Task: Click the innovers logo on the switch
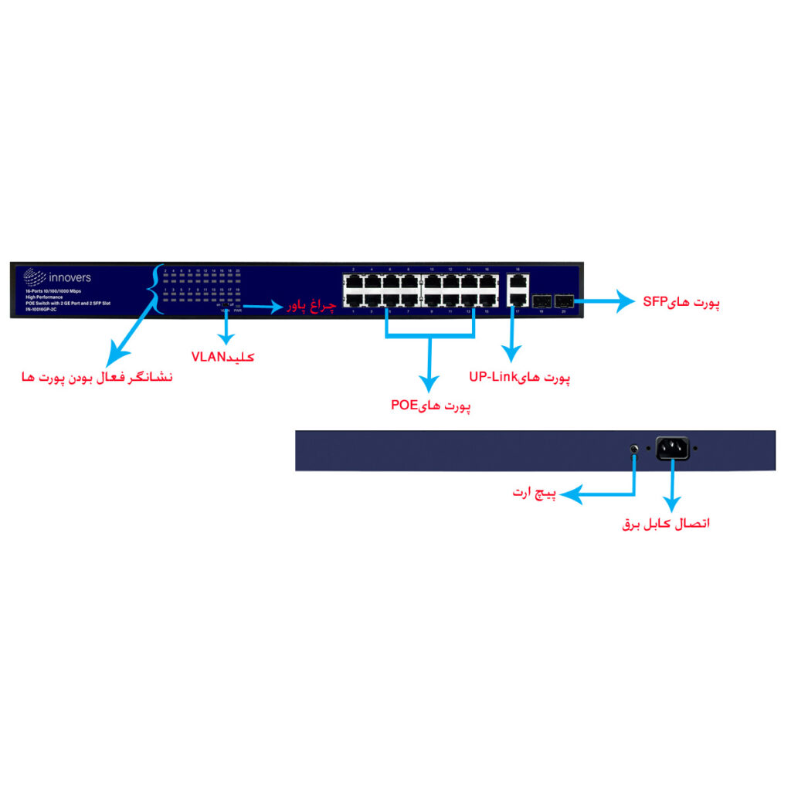[58, 277]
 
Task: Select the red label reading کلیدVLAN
[222, 356]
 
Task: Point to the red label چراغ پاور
[312, 307]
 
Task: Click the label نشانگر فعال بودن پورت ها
[97, 378]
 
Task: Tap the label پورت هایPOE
[430, 405]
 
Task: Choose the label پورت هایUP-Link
[519, 378]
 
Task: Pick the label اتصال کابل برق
[666, 524]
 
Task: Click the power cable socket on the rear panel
[672, 448]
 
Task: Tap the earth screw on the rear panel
[634, 448]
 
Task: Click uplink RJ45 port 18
[518, 282]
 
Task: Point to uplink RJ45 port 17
[518, 299]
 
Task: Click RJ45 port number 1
[354, 299]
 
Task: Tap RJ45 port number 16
[487, 282]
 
